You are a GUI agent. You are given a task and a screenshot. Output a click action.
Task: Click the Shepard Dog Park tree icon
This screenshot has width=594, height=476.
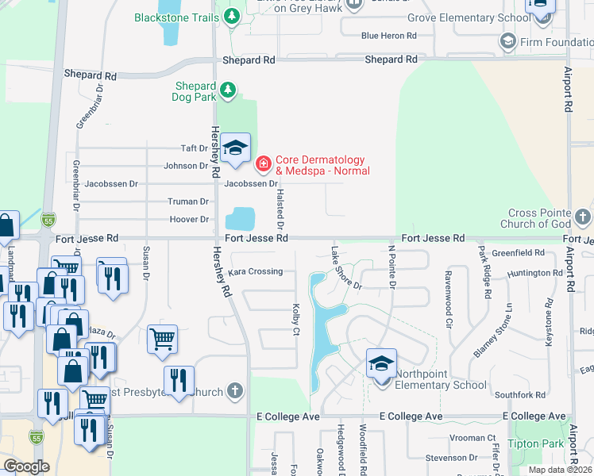228,90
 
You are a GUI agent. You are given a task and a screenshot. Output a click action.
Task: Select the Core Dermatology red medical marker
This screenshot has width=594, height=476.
263,164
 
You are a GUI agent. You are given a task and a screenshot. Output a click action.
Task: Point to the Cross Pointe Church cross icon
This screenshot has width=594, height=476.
583,217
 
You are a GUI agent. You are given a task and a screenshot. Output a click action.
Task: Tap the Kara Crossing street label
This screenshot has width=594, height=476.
255,271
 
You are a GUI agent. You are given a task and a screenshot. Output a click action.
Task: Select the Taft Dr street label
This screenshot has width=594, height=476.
194,148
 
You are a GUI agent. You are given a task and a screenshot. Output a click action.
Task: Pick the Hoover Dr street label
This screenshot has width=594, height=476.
189,220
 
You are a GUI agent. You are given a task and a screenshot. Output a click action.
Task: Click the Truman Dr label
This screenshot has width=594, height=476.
187,202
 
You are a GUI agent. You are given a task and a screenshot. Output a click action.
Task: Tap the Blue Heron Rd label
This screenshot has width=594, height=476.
388,36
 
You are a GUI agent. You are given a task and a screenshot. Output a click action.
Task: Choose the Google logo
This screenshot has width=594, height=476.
27,466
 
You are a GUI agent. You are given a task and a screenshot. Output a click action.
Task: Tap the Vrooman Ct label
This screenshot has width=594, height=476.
471,437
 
